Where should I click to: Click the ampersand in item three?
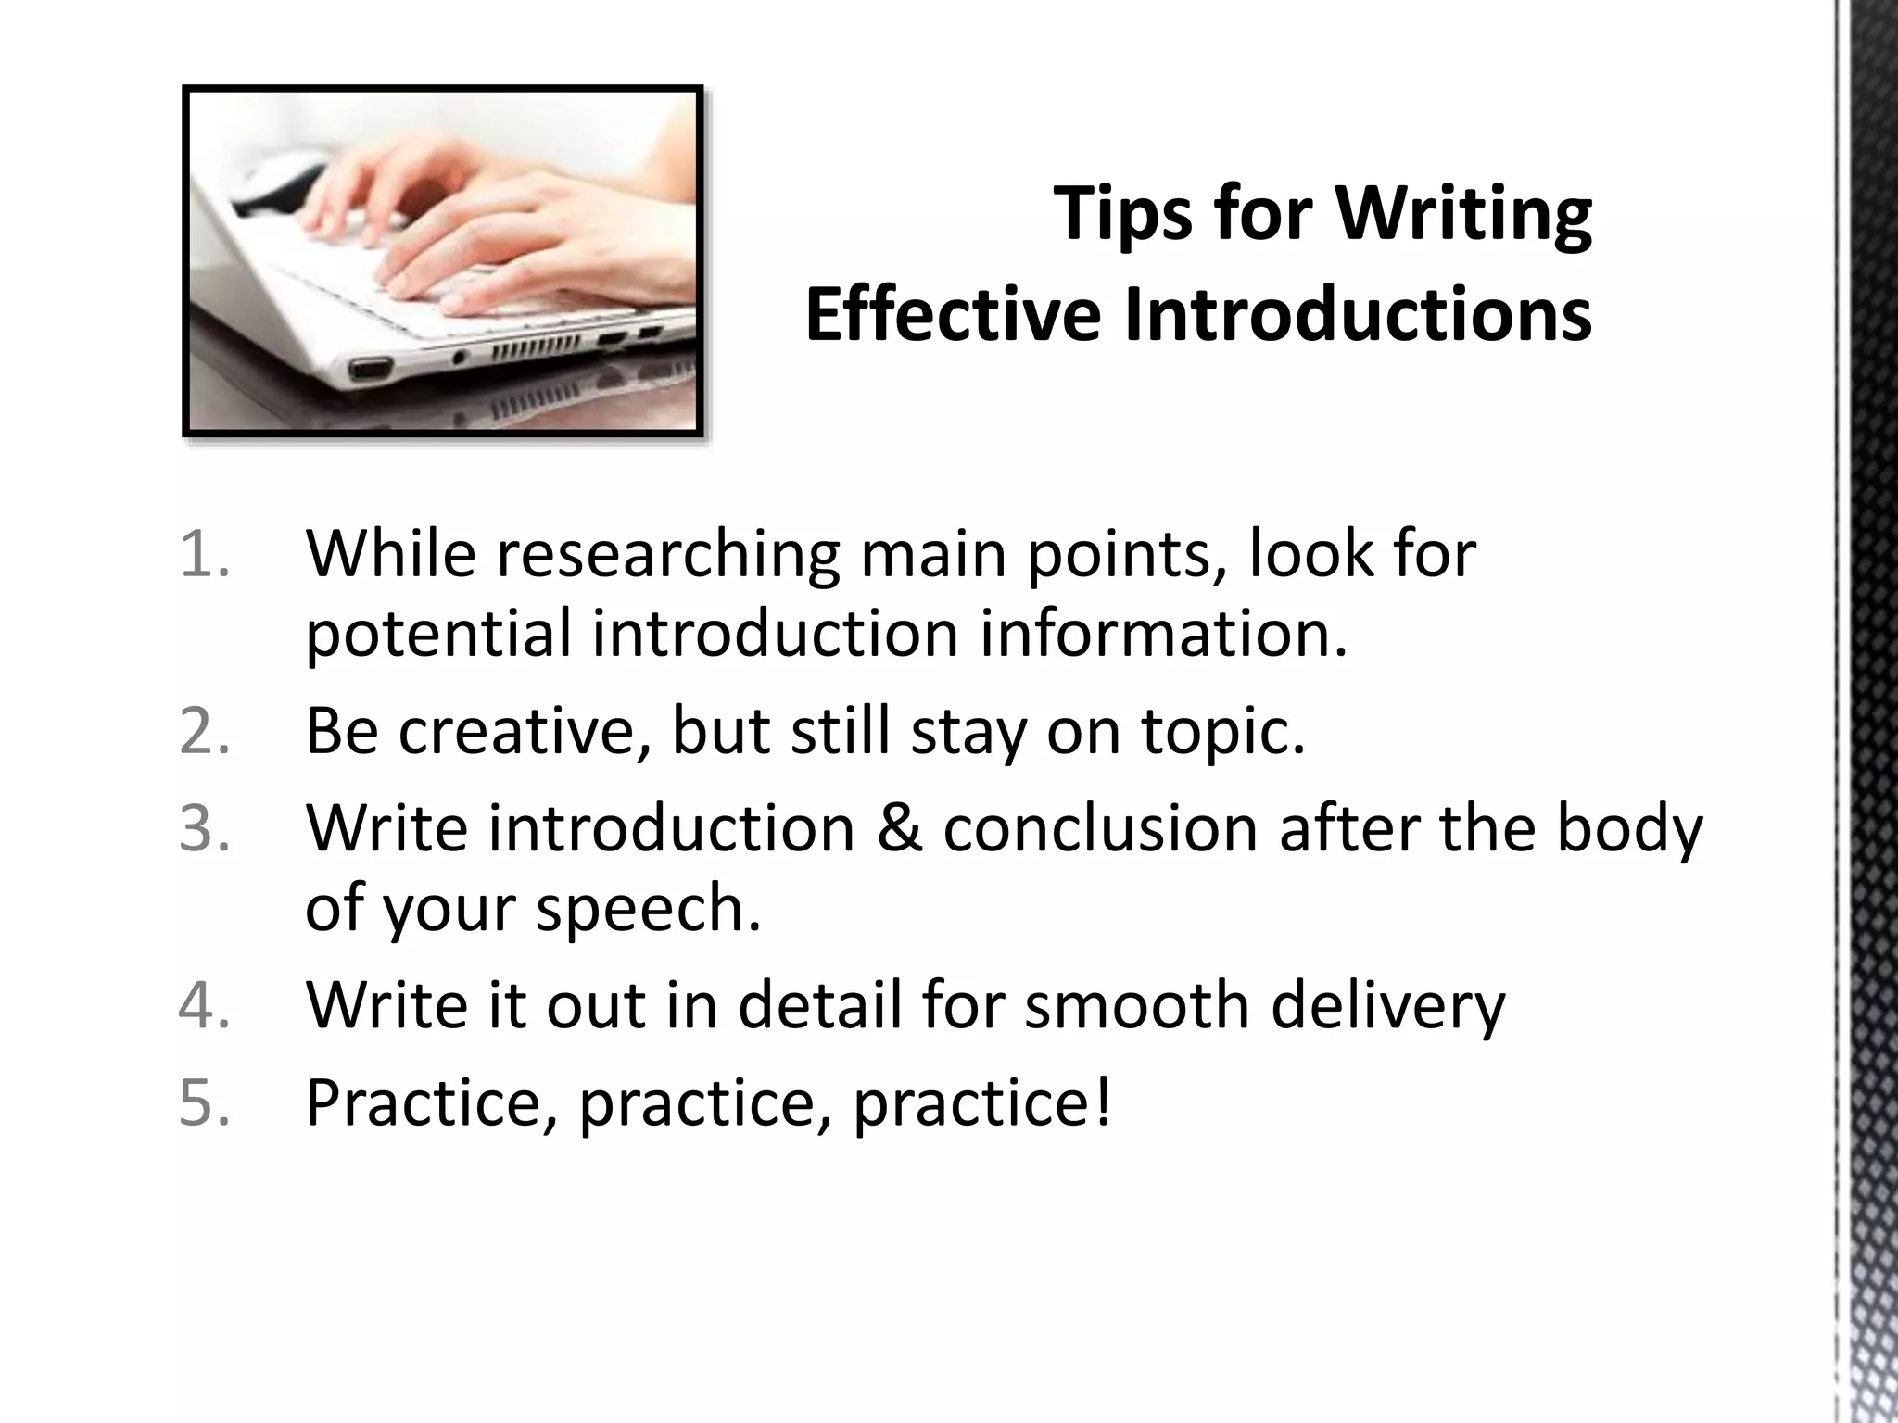(898, 827)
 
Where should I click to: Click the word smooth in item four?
(1136, 1005)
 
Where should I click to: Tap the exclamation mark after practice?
(1102, 1102)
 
